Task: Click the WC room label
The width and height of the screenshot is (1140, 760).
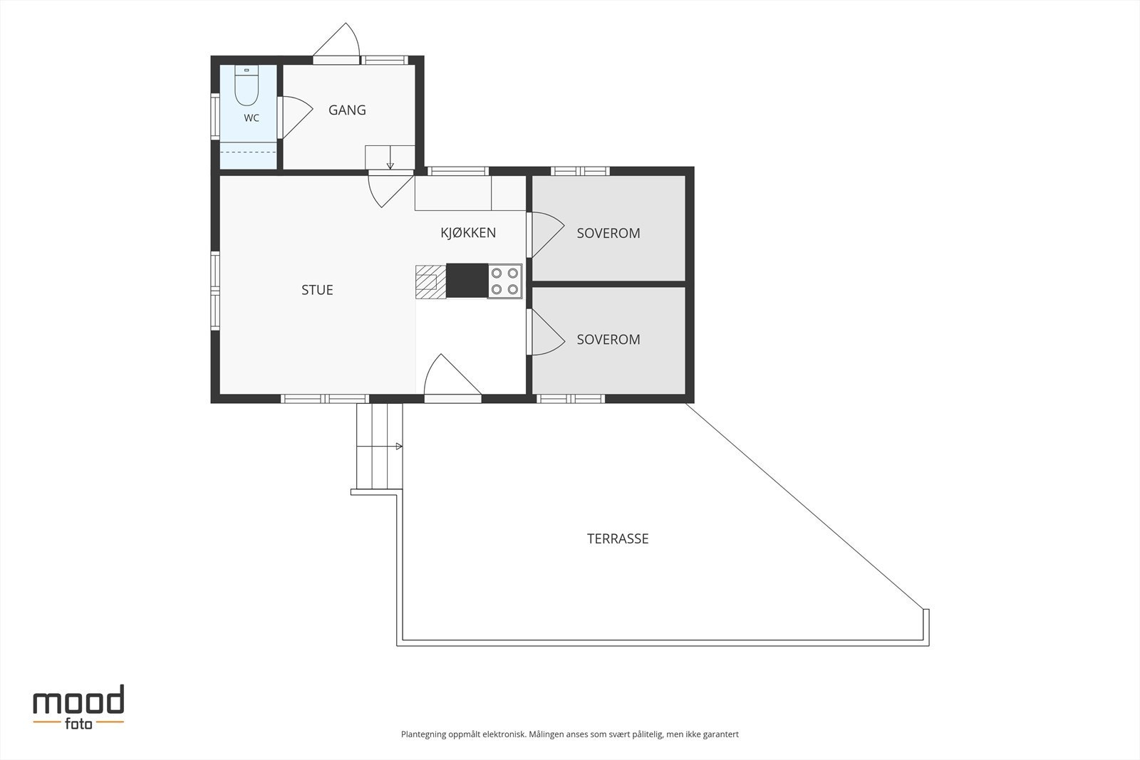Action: coord(252,118)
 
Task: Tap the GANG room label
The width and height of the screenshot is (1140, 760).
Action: coord(347,110)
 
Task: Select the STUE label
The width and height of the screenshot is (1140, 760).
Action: coord(317,290)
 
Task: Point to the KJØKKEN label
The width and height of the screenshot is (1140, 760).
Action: coord(468,232)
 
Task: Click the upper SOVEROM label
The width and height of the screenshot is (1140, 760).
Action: coord(608,233)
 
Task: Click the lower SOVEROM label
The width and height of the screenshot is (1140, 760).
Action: coord(608,339)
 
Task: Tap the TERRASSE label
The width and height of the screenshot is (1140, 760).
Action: coord(618,538)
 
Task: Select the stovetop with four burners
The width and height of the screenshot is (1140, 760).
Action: coord(505,281)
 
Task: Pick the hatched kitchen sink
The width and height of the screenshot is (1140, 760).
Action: coord(430,282)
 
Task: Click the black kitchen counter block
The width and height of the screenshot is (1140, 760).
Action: coord(467,281)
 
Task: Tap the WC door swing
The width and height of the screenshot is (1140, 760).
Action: coord(296,117)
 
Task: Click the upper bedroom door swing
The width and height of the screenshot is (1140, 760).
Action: coord(547,234)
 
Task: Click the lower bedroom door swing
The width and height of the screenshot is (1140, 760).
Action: coord(547,332)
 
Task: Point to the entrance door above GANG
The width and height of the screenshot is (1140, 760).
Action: coord(337,43)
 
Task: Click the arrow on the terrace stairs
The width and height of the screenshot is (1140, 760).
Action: coord(399,446)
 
